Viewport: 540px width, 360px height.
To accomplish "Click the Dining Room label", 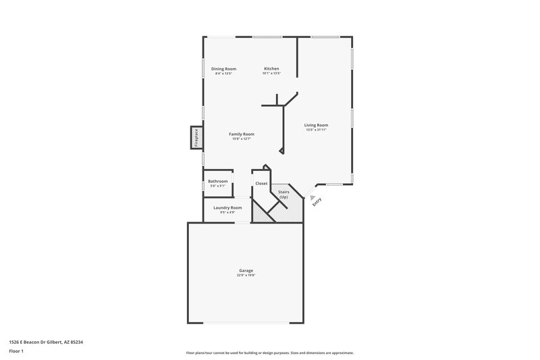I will click(223, 68).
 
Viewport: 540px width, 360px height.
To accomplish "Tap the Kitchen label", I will click(271, 68).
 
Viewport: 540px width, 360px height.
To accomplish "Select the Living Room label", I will click(316, 125).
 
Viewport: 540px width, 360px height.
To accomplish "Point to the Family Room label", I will click(242, 134).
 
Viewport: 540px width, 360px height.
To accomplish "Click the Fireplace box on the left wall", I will click(196, 137).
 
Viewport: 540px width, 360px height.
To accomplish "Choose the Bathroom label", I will click(217, 181).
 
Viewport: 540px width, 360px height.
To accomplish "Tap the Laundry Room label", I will click(227, 207).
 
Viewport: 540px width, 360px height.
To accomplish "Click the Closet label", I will click(261, 184).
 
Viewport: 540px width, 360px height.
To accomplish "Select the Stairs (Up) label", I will click(284, 194).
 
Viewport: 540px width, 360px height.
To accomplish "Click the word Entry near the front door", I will click(317, 201).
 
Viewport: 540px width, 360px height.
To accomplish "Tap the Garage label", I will click(246, 270).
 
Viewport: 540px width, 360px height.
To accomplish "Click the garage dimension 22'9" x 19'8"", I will click(246, 275).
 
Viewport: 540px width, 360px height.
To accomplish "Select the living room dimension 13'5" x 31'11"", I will click(316, 130).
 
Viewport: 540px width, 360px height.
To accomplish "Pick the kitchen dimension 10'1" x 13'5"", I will click(271, 73).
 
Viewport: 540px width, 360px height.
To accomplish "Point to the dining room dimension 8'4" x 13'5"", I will click(223, 73).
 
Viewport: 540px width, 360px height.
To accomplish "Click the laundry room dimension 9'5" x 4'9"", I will click(227, 212).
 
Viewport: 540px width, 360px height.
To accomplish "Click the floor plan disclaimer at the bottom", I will click(270, 353).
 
